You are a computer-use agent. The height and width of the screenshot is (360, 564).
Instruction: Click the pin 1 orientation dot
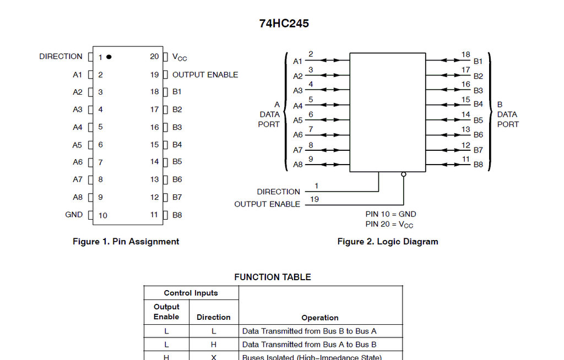[109, 57]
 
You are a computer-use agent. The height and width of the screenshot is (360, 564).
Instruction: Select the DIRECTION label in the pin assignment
[61, 56]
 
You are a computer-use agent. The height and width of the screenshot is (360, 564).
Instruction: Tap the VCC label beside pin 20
[180, 57]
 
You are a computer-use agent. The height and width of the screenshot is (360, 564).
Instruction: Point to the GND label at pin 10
[74, 215]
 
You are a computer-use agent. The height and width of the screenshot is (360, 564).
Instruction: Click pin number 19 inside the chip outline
[154, 74]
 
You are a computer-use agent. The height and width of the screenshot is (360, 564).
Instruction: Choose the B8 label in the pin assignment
[177, 215]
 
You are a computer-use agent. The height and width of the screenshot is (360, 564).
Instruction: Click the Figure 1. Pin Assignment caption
[126, 241]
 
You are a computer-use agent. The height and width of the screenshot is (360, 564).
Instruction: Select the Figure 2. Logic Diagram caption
[388, 241]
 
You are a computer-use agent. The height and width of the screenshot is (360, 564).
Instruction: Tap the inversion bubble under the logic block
[404, 174]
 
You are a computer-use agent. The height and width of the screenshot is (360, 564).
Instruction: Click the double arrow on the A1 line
[330, 61]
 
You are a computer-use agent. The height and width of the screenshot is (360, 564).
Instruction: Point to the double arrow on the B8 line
[444, 164]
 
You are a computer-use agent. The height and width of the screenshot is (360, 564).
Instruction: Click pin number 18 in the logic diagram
[466, 54]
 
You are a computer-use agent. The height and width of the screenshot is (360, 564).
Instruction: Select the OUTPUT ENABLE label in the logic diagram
[267, 204]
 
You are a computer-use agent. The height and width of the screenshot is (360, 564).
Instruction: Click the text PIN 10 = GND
[391, 214]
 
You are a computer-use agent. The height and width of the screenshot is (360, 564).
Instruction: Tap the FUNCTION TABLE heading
[273, 277]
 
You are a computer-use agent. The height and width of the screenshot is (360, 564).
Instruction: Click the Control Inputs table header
[191, 293]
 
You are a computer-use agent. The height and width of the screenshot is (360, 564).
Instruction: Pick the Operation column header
[320, 318]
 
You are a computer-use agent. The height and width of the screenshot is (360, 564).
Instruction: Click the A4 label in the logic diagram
[297, 106]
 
